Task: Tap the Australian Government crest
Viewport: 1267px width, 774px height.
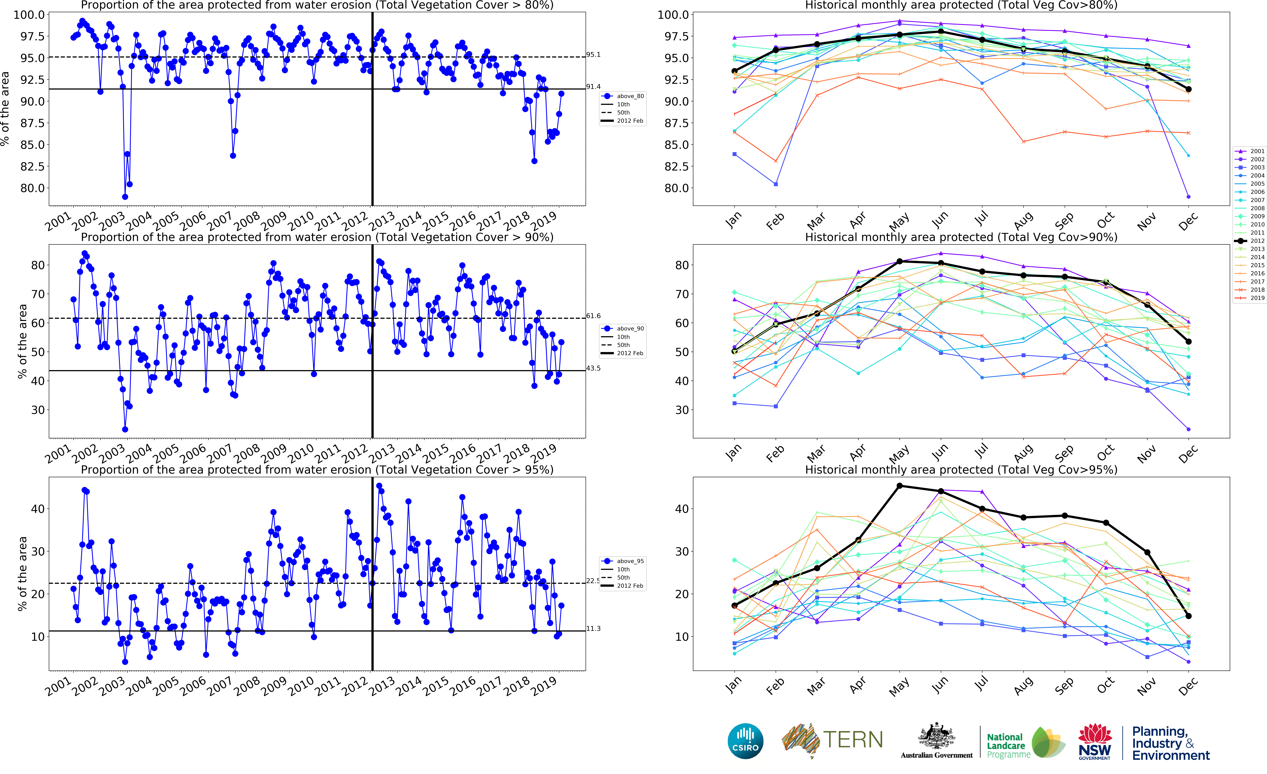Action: coord(936,736)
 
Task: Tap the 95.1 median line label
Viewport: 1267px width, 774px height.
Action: coord(593,55)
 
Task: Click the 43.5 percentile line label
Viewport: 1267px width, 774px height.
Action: coord(593,368)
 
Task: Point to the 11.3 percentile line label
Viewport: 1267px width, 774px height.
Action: coord(593,628)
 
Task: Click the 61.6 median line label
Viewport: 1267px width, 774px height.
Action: coord(593,316)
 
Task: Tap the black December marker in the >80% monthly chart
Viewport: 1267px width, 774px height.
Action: coord(1188,90)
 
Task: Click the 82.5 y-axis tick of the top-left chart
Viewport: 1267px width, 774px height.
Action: coord(32,167)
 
